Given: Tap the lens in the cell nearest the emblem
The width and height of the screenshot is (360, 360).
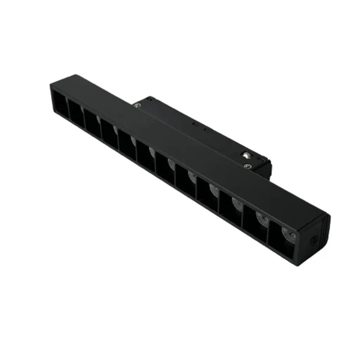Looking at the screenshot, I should pos(287,232).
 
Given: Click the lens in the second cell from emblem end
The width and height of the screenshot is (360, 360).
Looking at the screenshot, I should pos(262,218).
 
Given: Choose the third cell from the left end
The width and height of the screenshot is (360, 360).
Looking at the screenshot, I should pos(92,120).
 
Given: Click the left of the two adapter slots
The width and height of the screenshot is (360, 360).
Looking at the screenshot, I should pos(193,123).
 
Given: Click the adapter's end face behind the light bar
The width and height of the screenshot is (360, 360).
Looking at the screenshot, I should pos(264,169).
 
